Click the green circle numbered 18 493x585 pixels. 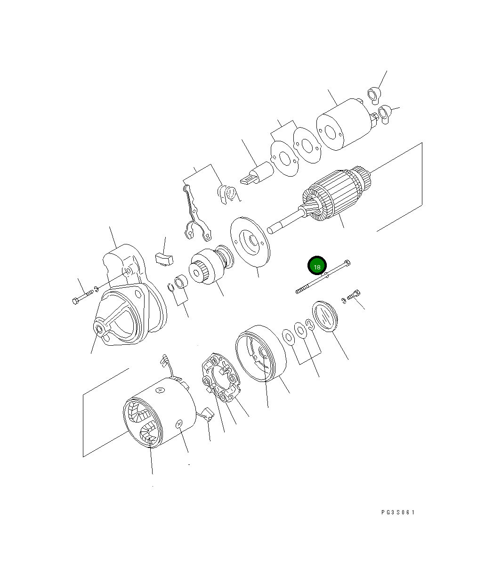pyautogui.click(x=317, y=266)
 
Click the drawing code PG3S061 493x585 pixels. pyautogui.click(x=398, y=512)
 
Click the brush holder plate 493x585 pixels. pyautogui.click(x=220, y=379)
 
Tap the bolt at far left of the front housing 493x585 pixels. pyautogui.click(x=83, y=297)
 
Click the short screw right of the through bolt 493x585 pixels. pyautogui.click(x=353, y=295)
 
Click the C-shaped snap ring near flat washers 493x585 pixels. pyautogui.click(x=309, y=324)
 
